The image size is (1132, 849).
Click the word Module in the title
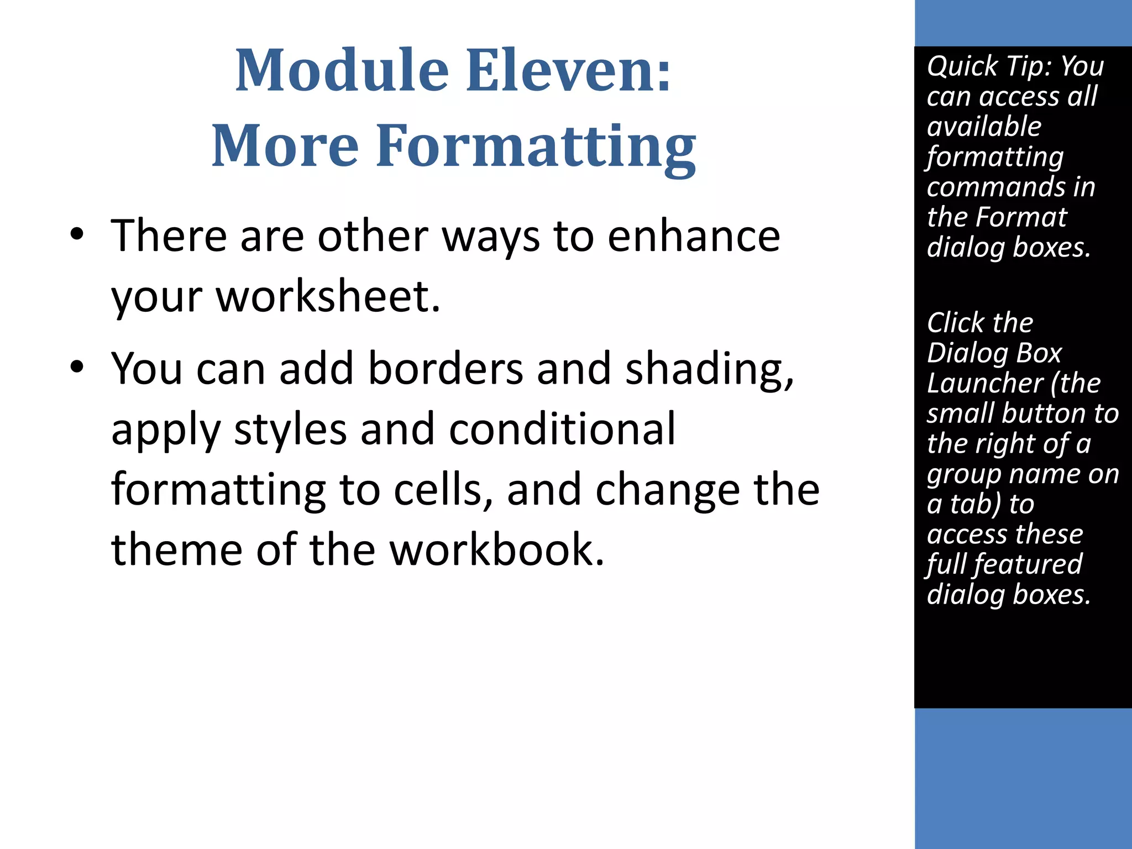(x=341, y=71)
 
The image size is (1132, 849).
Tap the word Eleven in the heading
(x=569, y=71)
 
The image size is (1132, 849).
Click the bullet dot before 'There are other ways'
(x=77, y=234)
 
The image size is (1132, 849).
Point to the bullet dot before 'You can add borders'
(x=77, y=367)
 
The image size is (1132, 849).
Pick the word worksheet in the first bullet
(x=328, y=296)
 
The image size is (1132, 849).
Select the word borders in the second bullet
(x=446, y=369)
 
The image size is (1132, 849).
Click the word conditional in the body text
(x=562, y=429)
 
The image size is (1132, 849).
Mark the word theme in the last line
(x=177, y=550)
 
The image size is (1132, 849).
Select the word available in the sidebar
(x=984, y=127)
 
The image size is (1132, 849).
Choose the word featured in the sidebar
(x=1028, y=564)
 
